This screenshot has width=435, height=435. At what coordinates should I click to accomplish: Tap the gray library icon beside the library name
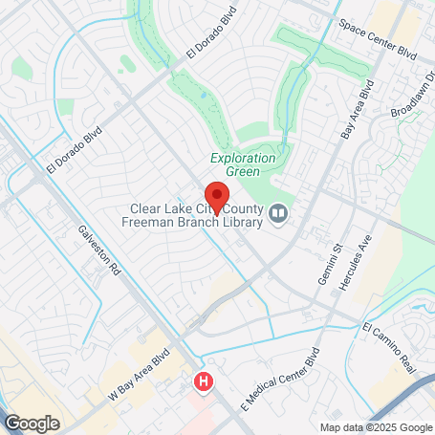279,212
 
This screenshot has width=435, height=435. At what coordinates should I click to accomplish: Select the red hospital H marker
203,382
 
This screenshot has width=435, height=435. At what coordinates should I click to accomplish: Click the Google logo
31,423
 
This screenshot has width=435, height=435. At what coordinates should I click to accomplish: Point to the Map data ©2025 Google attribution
375,427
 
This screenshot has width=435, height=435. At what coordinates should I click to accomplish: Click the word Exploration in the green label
243,158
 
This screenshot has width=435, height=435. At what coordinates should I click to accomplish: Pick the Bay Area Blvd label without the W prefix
357,110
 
